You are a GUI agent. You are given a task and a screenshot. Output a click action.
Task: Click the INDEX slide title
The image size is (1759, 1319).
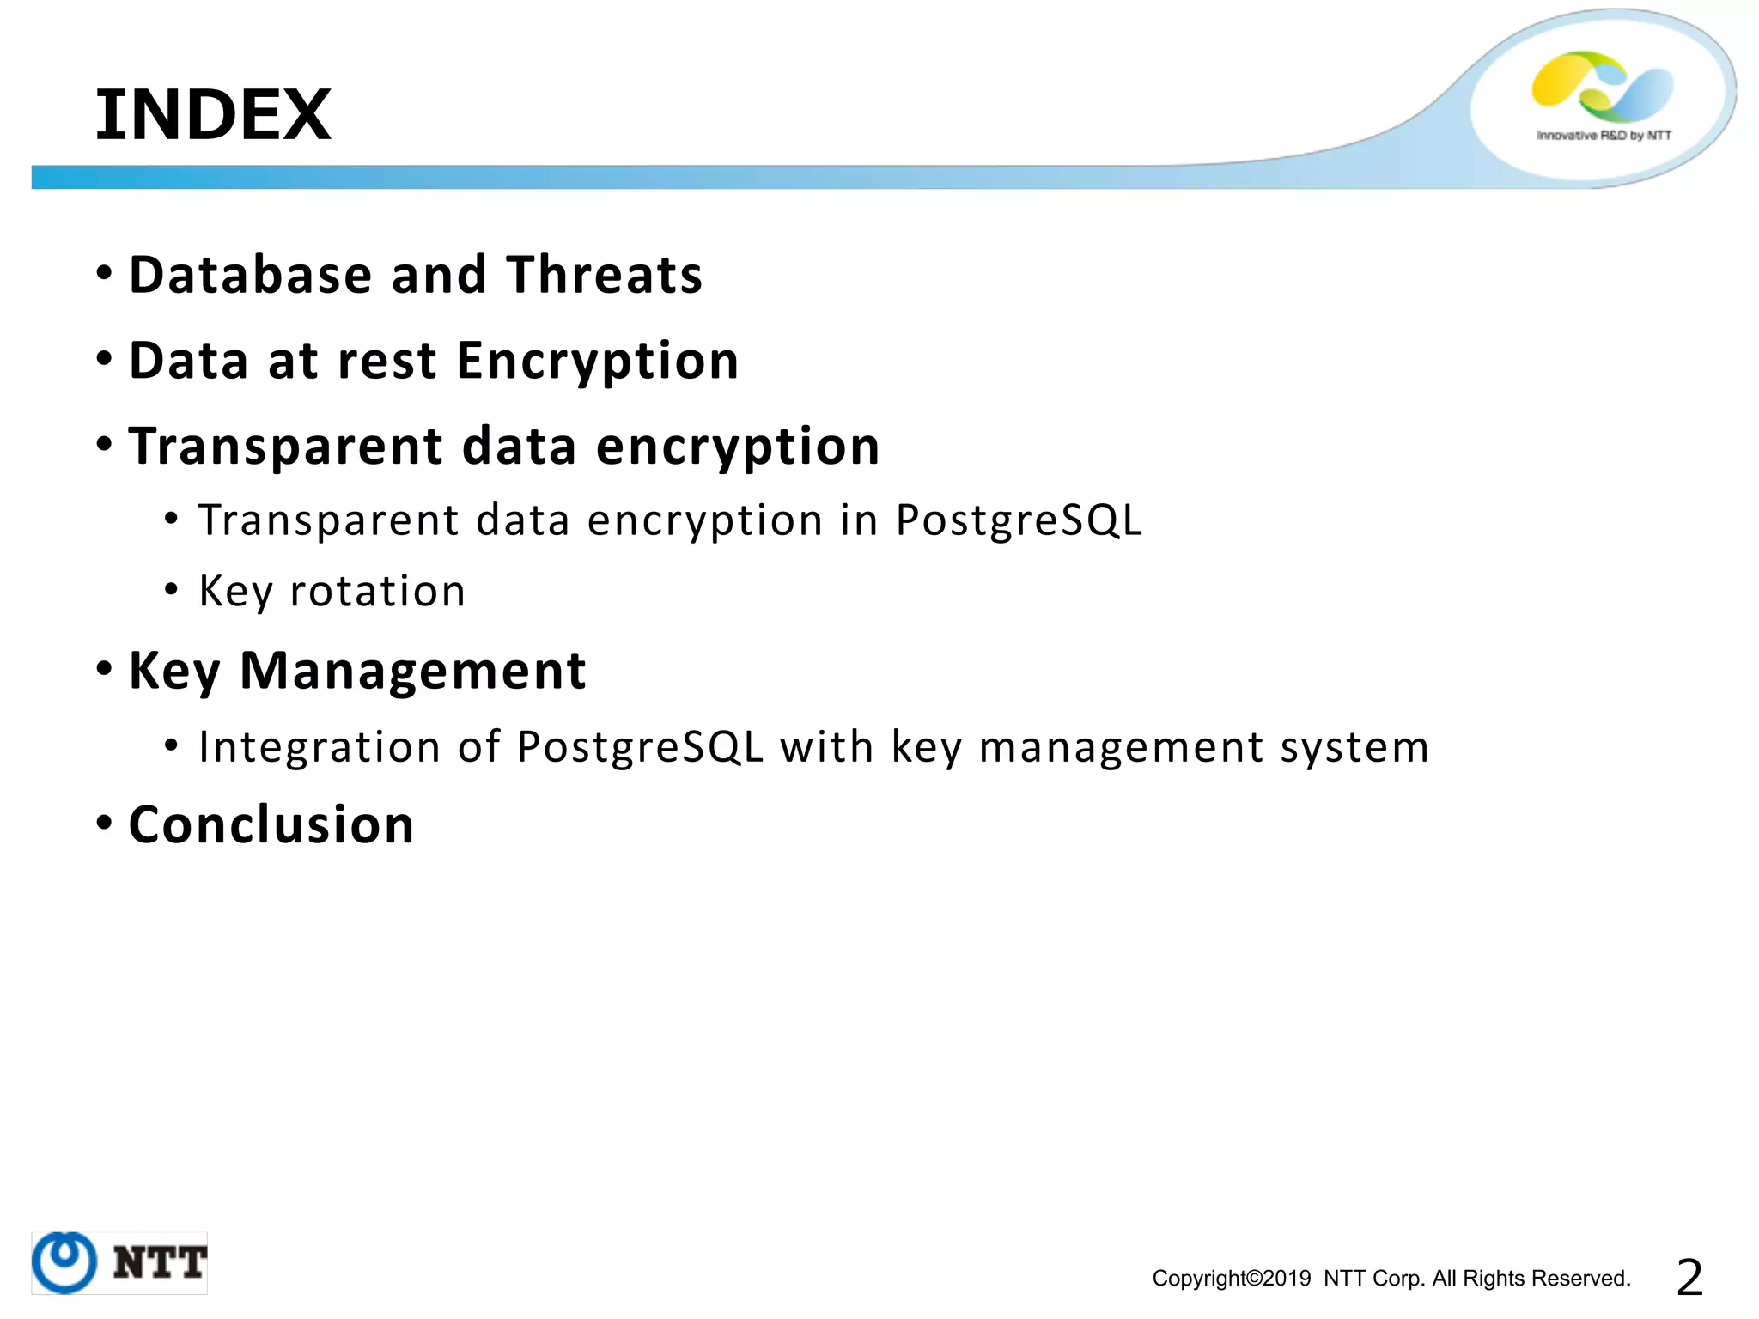[x=213, y=115]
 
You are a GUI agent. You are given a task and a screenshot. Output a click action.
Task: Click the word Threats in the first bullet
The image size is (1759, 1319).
[x=604, y=276]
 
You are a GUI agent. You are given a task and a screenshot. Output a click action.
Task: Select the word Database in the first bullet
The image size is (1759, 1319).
[x=250, y=276]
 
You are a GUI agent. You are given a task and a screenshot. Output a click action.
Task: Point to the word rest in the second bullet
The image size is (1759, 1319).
[x=386, y=362]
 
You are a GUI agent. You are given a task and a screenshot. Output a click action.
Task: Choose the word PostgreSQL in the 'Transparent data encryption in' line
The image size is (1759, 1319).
[x=1019, y=521]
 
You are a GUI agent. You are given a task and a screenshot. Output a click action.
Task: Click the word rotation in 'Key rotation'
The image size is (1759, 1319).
[x=378, y=592]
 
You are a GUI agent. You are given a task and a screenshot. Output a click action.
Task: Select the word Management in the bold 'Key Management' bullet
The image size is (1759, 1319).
[x=412, y=671]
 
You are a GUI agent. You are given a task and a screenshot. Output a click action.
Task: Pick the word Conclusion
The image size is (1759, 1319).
[x=271, y=825]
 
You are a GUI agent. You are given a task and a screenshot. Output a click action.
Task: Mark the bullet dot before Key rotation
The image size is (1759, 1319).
[x=172, y=590]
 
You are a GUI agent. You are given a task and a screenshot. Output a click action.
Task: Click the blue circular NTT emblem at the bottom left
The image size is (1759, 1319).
[x=64, y=1261]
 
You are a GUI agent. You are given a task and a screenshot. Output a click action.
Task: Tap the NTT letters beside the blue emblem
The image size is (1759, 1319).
[x=160, y=1263]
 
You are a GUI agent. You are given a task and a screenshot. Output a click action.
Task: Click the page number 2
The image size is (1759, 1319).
[x=1689, y=1278]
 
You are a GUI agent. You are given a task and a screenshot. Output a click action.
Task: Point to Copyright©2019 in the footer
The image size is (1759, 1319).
[x=1231, y=1279]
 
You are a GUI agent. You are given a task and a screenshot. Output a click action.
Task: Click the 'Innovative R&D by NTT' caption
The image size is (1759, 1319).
[x=1604, y=136]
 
